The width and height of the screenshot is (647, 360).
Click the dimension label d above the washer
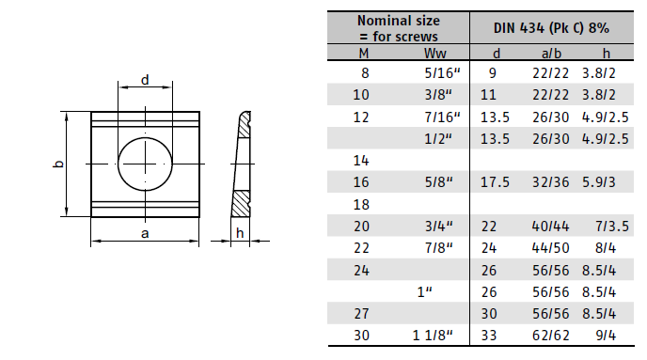point(145,80)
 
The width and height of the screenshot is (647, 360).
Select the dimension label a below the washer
point(145,234)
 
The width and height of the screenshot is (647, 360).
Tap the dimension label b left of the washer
point(59,164)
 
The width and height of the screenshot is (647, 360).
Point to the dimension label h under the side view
point(240,233)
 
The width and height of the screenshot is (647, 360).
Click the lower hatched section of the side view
point(241,204)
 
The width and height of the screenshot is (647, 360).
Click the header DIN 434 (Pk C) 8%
point(551,28)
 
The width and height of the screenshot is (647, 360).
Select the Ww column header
point(434,54)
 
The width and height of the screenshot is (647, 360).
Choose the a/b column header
point(551,54)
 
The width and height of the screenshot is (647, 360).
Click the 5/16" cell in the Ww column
point(442,73)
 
